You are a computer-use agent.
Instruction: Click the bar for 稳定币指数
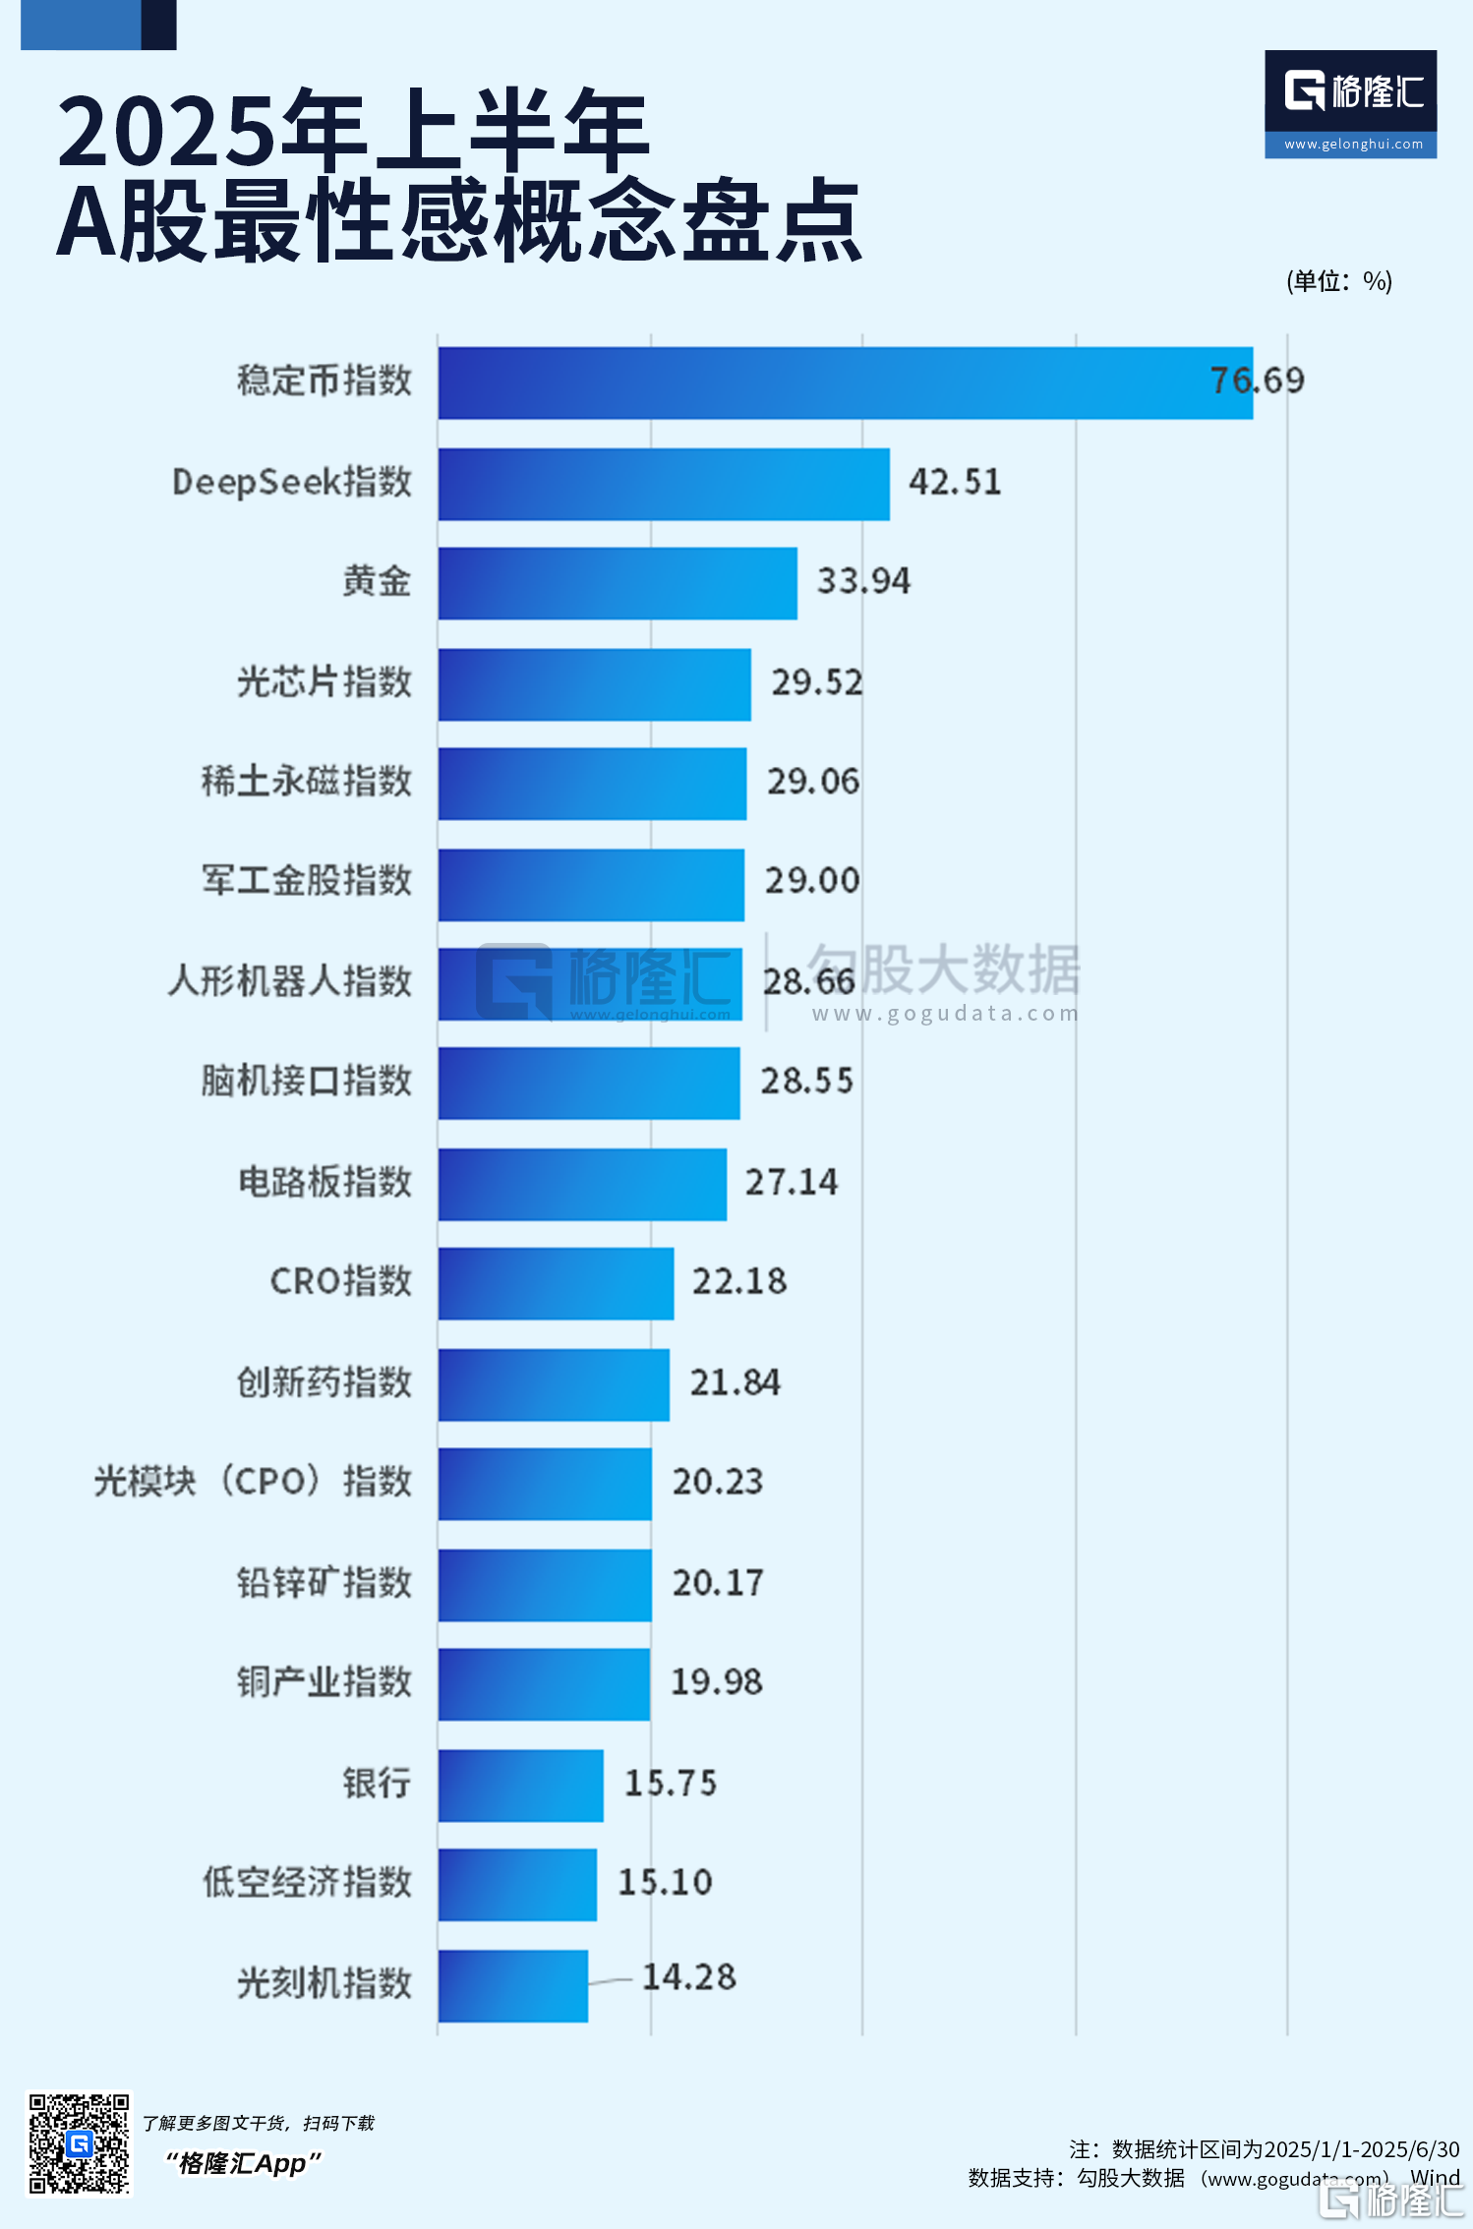846,382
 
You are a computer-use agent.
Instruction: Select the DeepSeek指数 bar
664,484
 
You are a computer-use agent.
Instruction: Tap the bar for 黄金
618,583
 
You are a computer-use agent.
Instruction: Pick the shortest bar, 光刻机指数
513,1985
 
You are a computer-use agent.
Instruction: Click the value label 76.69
1257,381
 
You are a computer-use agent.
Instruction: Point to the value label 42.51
955,482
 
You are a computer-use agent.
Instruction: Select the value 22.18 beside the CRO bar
739,1281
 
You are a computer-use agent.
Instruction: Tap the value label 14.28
688,1976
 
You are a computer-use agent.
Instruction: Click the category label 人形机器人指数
290,980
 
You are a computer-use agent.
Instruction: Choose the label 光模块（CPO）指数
253,1481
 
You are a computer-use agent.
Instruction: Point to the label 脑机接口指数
307,1081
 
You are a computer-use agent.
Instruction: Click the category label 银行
377,1782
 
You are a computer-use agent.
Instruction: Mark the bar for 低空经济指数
517,1884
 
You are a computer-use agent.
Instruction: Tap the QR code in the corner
79,2143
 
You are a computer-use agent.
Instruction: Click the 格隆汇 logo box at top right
1350,103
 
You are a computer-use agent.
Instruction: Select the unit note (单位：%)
1338,281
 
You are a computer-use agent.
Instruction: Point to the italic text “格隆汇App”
243,2163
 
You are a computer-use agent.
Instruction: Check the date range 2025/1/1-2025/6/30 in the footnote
1361,2149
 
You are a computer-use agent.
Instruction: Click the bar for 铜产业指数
544,1684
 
